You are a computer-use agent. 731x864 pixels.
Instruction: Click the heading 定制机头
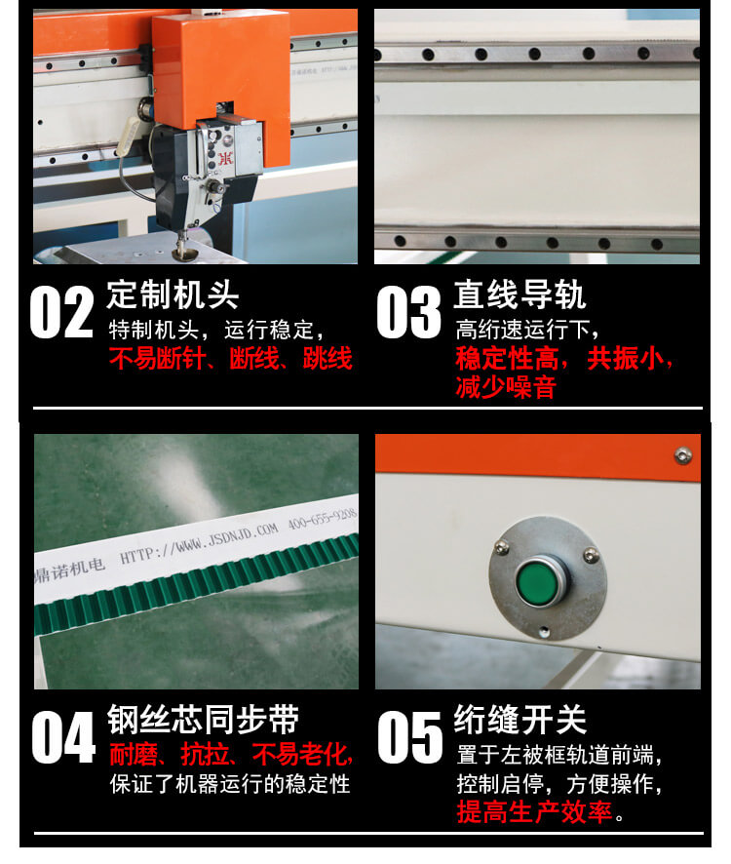173,295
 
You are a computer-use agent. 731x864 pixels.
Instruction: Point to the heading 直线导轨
519,295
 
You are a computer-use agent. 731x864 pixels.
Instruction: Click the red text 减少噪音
505,387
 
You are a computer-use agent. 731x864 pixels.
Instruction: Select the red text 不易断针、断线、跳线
230,359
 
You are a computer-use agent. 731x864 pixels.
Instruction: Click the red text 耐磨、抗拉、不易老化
230,754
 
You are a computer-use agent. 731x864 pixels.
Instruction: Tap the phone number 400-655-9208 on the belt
321,519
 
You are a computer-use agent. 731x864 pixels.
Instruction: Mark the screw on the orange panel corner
683,453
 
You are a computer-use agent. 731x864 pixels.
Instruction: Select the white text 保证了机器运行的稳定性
230,784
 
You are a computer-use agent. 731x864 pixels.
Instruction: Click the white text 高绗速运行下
526,330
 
